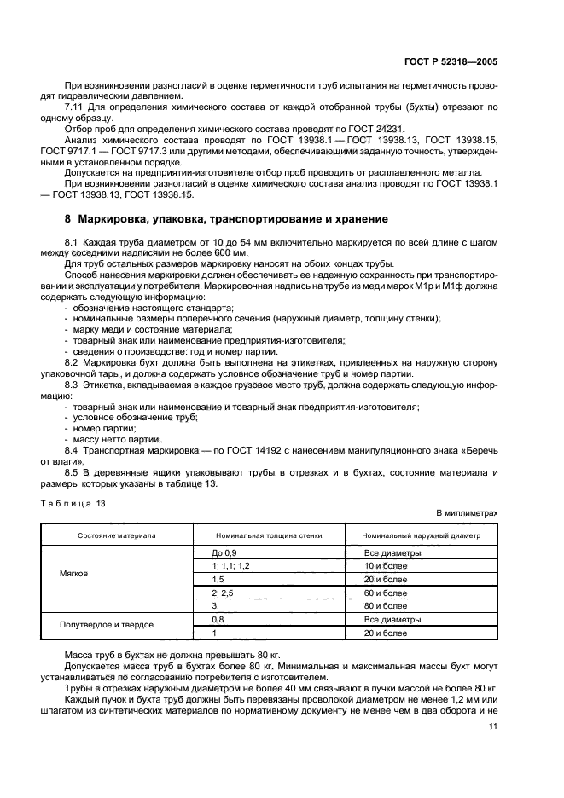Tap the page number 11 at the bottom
[x=492, y=726]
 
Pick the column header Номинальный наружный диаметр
[x=421, y=536]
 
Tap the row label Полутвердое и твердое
[x=107, y=625]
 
